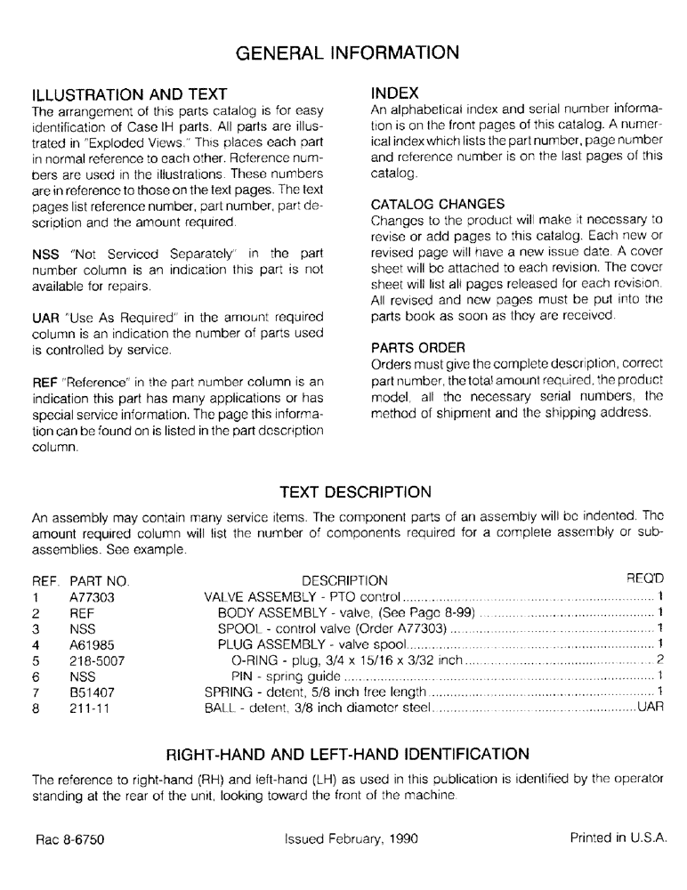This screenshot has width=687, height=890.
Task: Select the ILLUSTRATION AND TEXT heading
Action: click(x=130, y=94)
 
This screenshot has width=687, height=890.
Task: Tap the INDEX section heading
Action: click(x=395, y=93)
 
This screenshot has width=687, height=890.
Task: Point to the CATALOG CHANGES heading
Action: click(x=437, y=205)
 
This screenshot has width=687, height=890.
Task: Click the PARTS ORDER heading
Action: click(x=417, y=347)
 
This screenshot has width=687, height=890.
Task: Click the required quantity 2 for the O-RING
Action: click(x=660, y=660)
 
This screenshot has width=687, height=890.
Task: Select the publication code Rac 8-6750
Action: click(x=71, y=838)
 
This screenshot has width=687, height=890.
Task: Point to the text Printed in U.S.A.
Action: click(x=618, y=838)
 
